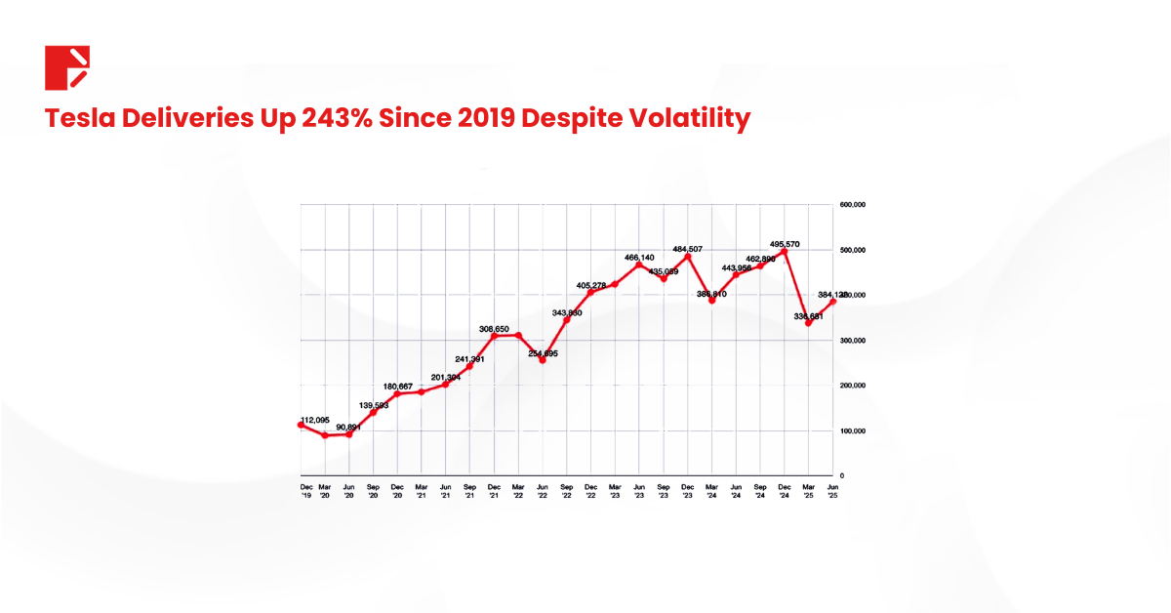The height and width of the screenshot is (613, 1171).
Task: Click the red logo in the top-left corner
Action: click(x=67, y=67)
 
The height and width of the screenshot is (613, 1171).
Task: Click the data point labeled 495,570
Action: click(x=785, y=251)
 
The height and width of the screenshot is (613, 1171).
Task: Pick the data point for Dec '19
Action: click(x=301, y=425)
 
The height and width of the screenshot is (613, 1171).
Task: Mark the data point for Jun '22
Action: click(x=543, y=360)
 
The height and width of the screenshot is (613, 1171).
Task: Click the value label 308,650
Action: click(x=501, y=329)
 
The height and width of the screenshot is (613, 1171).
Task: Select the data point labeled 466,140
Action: click(x=639, y=265)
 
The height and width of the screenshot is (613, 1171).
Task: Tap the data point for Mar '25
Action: click(x=809, y=323)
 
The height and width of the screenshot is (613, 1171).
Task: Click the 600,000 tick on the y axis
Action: click(x=853, y=205)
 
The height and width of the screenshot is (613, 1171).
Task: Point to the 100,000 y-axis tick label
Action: click(x=853, y=430)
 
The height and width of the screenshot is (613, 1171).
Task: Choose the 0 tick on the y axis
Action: click(x=841, y=475)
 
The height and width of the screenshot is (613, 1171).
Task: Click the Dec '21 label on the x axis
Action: click(x=494, y=490)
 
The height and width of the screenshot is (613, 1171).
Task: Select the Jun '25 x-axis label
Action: click(x=832, y=490)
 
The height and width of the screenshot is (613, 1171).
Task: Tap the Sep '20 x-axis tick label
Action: click(x=373, y=490)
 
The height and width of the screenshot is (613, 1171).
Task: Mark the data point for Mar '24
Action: click(x=712, y=301)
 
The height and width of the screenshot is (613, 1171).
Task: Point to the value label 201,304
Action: click(x=435, y=376)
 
